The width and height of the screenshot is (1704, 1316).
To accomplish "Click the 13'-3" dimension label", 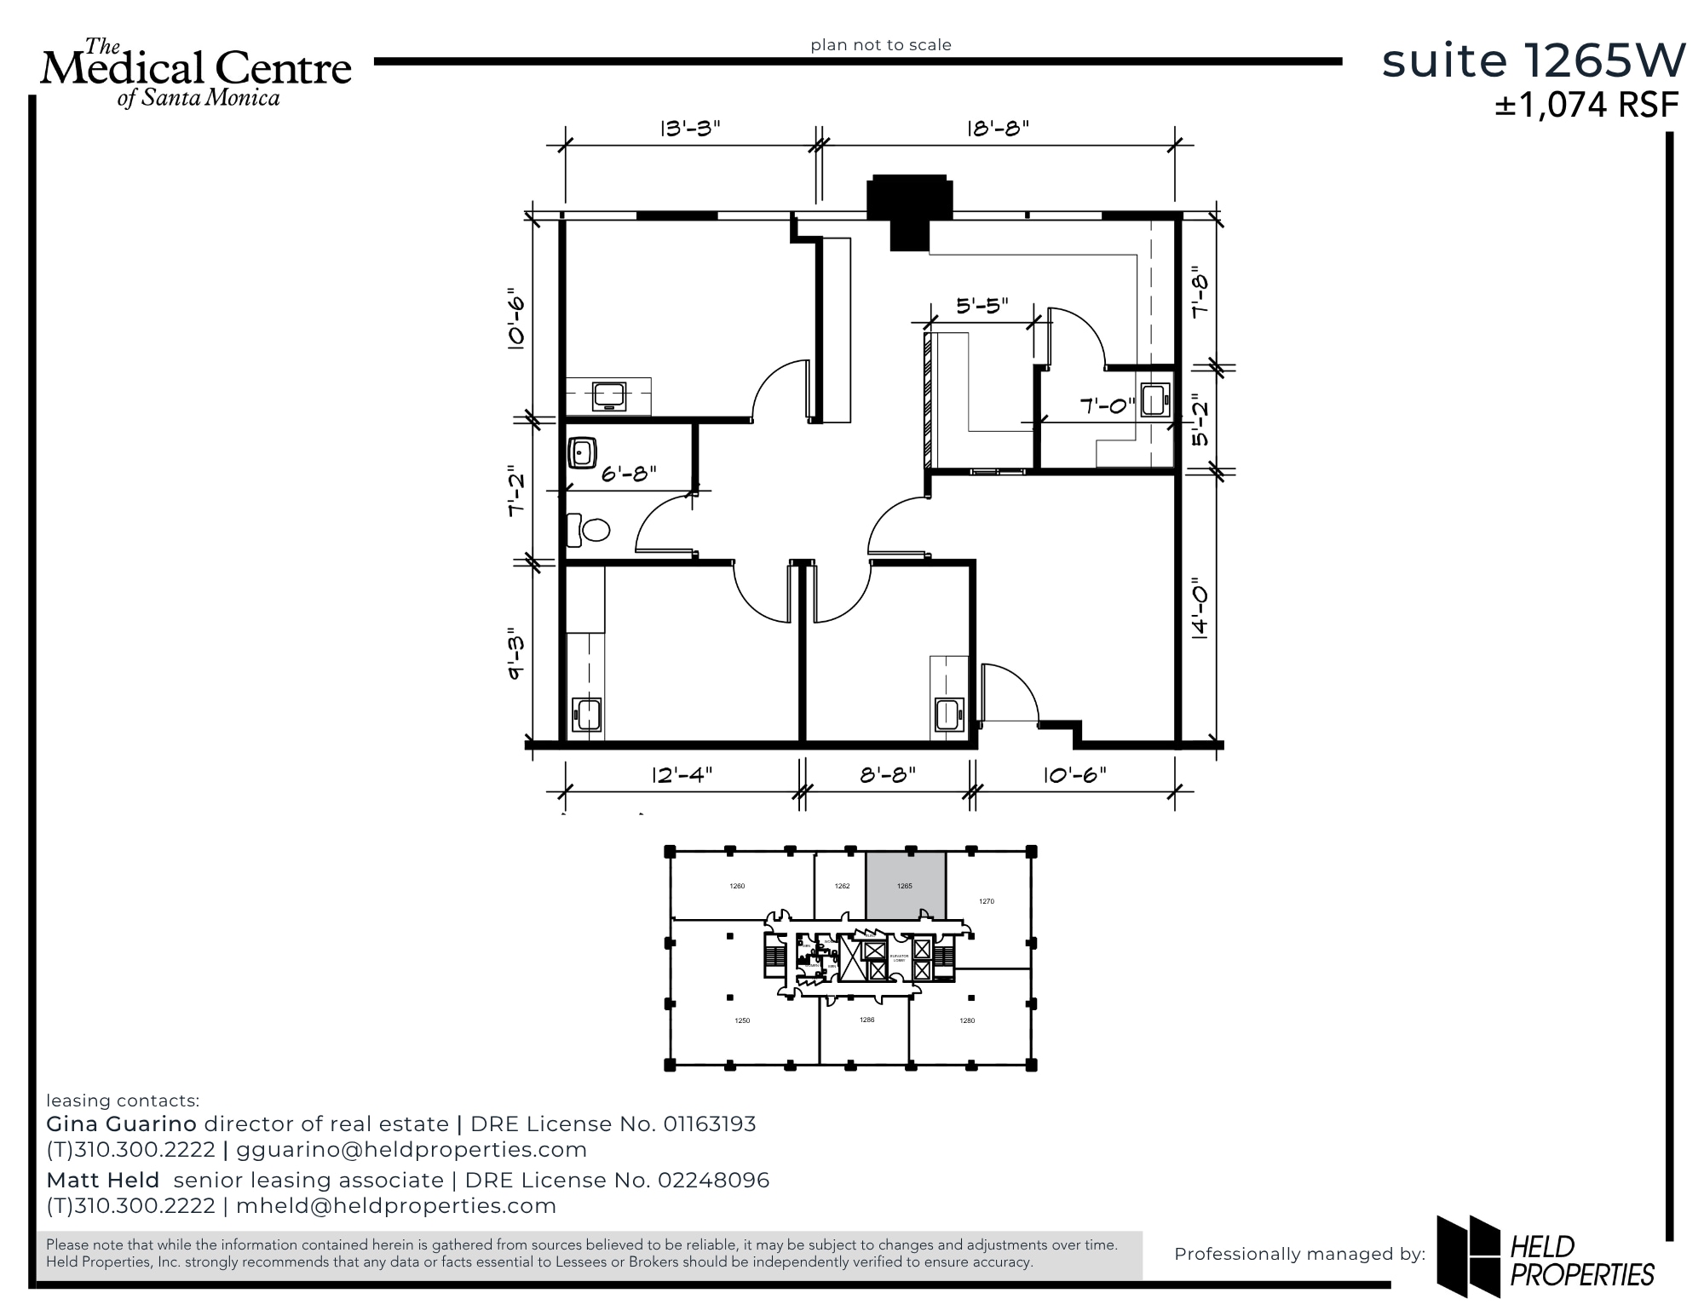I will tap(690, 129).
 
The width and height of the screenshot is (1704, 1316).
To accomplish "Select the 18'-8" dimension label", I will tap(998, 129).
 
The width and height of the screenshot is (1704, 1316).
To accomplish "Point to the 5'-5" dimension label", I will tap(982, 306).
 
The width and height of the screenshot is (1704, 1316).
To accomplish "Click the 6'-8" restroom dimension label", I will tap(629, 474).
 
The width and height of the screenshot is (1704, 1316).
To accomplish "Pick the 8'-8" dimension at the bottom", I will tap(888, 774).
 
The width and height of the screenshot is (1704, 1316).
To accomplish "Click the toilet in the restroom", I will tap(590, 530).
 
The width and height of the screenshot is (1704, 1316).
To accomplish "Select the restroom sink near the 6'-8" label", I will tap(582, 453).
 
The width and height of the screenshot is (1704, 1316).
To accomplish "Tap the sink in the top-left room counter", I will tap(609, 397).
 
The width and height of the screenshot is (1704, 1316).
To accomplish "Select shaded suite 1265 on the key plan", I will tap(906, 886).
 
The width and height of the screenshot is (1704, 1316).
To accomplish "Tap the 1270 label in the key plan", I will tap(986, 901).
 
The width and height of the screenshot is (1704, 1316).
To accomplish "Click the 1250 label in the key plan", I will tap(742, 1020).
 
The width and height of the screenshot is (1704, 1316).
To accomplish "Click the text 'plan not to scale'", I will tap(880, 45).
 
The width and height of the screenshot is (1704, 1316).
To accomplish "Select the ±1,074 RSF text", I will tap(1586, 105).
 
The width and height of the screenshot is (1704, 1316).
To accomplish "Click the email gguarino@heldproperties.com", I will tap(412, 1150).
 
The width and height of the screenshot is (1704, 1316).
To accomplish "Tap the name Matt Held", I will tap(102, 1181).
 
